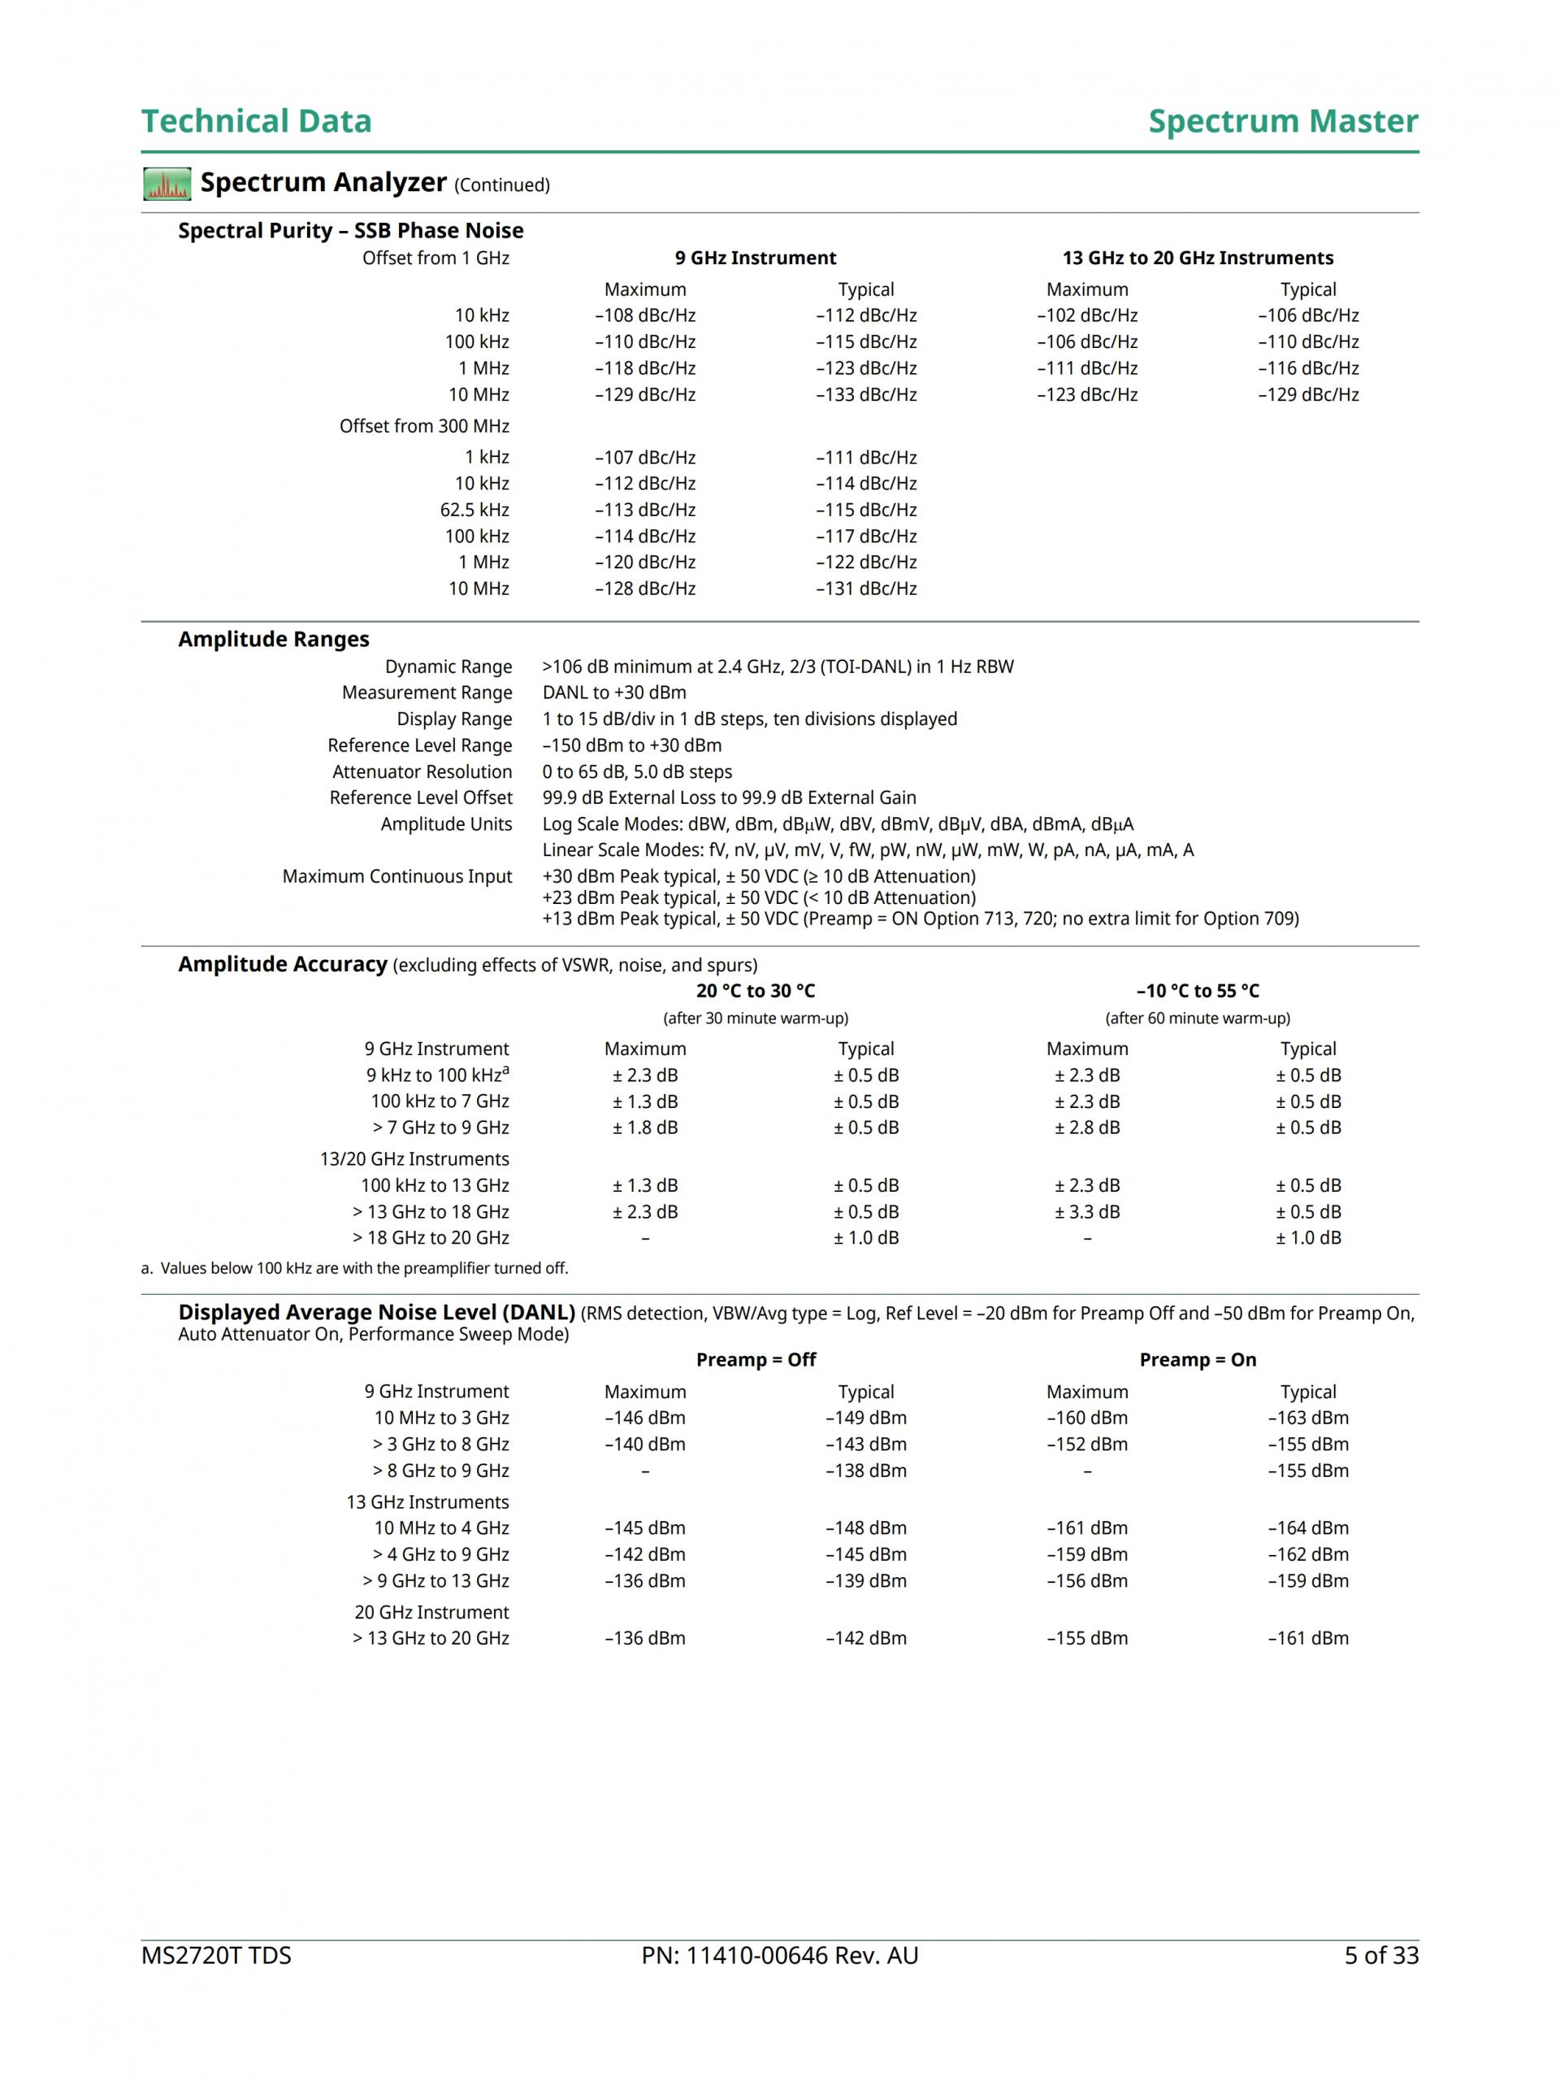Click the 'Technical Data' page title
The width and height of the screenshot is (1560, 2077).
[x=256, y=121]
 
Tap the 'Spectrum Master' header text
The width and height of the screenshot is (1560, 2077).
[x=1282, y=121]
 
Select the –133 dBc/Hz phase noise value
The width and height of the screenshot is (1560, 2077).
[x=865, y=394]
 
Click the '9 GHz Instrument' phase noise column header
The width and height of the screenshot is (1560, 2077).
[x=755, y=259]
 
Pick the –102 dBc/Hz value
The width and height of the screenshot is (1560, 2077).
[x=1087, y=315]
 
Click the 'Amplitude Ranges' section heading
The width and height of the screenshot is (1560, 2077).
[x=273, y=640]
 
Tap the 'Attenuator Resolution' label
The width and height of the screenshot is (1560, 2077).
[x=422, y=771]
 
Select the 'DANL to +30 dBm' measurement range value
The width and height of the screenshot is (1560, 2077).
[x=614, y=693]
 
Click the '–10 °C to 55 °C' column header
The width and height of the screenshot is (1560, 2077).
[x=1197, y=991]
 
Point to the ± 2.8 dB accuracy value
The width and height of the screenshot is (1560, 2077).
[x=1087, y=1128]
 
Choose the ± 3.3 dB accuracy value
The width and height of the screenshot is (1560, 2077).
[x=1087, y=1212]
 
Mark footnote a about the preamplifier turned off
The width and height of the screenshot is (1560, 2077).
[x=355, y=1268]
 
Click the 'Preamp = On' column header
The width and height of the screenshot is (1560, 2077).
[x=1197, y=1360]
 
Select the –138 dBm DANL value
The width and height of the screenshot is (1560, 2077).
[x=865, y=1471]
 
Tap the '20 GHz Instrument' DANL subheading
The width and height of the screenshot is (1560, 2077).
[x=431, y=1612]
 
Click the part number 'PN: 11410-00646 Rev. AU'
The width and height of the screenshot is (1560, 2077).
[x=779, y=1956]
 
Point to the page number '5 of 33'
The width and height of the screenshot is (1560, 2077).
[x=1380, y=1956]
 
